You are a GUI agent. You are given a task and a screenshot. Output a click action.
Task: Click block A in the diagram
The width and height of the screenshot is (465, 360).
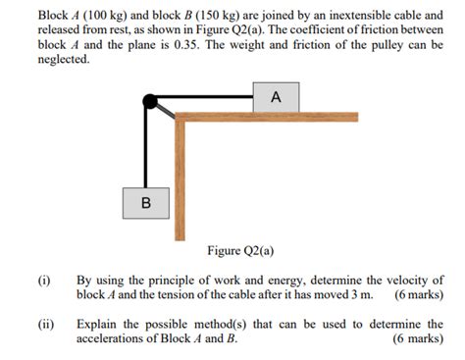[x=276, y=97]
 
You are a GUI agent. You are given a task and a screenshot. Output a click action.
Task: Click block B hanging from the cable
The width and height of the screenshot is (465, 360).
[x=146, y=203]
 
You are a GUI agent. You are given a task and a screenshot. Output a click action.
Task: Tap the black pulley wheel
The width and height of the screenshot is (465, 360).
[x=151, y=101]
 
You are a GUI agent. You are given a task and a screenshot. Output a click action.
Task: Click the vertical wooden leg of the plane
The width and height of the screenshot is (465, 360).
[x=180, y=177]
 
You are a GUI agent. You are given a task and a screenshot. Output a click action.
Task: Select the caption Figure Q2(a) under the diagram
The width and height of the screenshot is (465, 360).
[x=240, y=251]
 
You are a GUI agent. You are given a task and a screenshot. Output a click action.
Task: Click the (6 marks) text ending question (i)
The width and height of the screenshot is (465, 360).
[x=418, y=295]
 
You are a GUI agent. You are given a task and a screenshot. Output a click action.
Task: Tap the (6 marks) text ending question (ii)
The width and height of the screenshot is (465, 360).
[x=418, y=339]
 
